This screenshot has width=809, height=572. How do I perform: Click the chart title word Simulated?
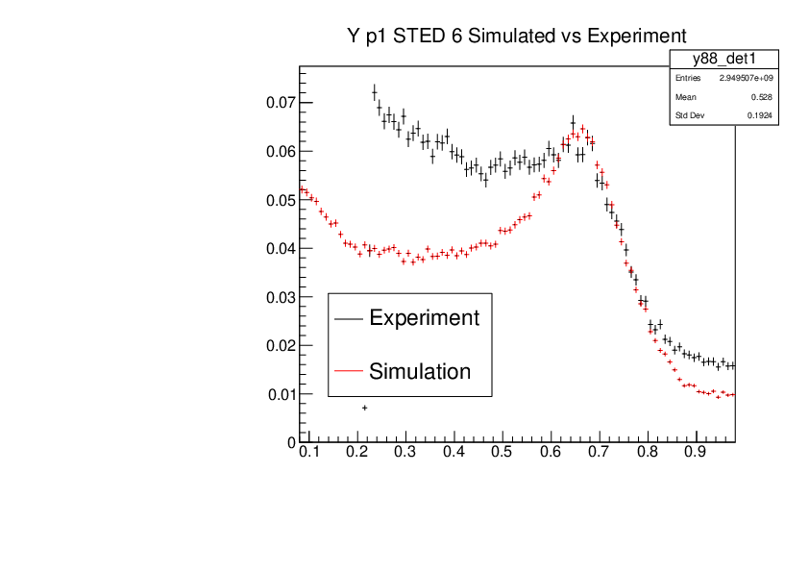tap(509, 36)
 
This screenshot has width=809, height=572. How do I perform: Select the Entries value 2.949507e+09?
tap(746, 78)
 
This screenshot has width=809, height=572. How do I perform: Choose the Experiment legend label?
tap(424, 318)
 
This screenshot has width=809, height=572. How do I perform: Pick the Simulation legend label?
tap(420, 371)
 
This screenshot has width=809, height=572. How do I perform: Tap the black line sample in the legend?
tap(348, 318)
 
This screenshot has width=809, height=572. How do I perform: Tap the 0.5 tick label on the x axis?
tap(502, 450)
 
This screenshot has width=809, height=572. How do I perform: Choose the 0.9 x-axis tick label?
tap(695, 450)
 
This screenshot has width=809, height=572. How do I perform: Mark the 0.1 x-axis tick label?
tap(309, 450)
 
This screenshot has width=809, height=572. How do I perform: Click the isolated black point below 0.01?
tap(364, 408)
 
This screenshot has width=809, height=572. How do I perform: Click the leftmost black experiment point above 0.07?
tap(374, 92)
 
